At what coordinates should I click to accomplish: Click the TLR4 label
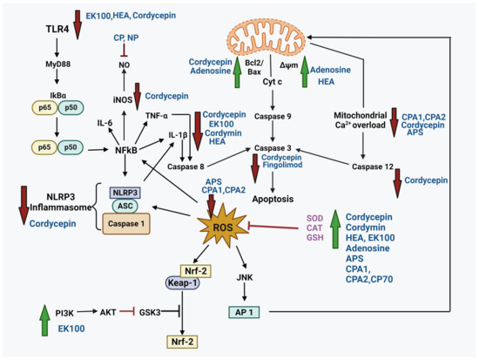[x=57, y=29]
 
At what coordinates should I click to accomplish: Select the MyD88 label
[x=57, y=65]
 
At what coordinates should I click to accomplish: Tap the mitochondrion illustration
[x=266, y=39]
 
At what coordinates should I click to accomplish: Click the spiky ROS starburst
[x=223, y=227]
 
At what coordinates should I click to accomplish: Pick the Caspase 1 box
[x=126, y=224]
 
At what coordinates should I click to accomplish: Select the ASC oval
[x=125, y=206]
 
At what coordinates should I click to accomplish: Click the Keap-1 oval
[x=182, y=283]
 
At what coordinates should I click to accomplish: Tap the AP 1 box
[x=244, y=312]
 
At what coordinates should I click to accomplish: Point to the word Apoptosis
[x=273, y=199]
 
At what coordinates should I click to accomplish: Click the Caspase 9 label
[x=273, y=116]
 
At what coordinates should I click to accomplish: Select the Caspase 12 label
[x=373, y=166]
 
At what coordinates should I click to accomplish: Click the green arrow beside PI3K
[x=45, y=320]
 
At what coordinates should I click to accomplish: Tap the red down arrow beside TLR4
[x=78, y=24]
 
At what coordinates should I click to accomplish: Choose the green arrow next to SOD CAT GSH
[x=335, y=229]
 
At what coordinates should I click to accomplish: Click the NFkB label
[x=126, y=150]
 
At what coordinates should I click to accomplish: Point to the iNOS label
[x=123, y=100]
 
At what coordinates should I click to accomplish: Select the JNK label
[x=245, y=277]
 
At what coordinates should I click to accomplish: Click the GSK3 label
[x=150, y=312]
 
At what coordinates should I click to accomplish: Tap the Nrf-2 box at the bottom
[x=182, y=342]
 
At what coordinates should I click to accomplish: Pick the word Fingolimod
[x=282, y=165]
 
